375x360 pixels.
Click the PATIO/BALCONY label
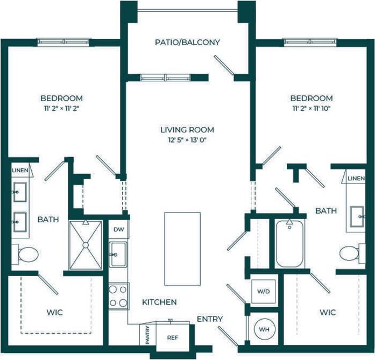click(187, 42)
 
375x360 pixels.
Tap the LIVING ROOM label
click(187, 130)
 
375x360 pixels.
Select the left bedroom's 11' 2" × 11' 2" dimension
click(62, 108)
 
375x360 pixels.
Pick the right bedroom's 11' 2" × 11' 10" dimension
click(312, 108)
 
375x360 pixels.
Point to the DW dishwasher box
click(118, 229)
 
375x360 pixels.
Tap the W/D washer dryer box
click(264, 292)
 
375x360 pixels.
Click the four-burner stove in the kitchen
click(118, 295)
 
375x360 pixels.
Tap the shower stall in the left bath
click(85, 245)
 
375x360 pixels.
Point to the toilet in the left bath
click(25, 253)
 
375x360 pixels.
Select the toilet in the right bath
click(350, 252)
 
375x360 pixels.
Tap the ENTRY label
click(209, 319)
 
